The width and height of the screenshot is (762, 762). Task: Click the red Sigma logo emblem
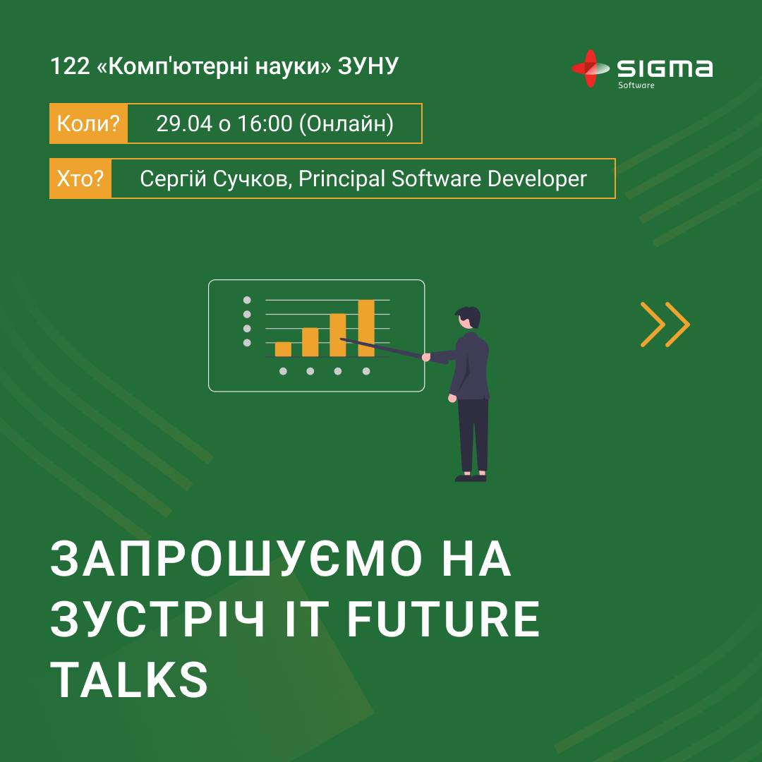tap(589, 68)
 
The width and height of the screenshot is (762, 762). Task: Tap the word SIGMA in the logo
tap(665, 68)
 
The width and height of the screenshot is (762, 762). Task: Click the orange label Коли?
tap(88, 123)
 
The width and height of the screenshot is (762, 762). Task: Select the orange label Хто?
tap(80, 179)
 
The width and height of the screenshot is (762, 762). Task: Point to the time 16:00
tap(265, 123)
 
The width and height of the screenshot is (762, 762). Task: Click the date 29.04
tap(183, 123)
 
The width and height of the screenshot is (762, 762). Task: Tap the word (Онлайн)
tap(346, 123)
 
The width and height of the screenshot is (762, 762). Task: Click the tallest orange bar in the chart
tap(366, 328)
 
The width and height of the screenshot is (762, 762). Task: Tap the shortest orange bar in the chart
tap(283, 349)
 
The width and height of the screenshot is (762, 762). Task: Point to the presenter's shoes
tap(471, 477)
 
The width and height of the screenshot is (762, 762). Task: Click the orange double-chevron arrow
tap(665, 325)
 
